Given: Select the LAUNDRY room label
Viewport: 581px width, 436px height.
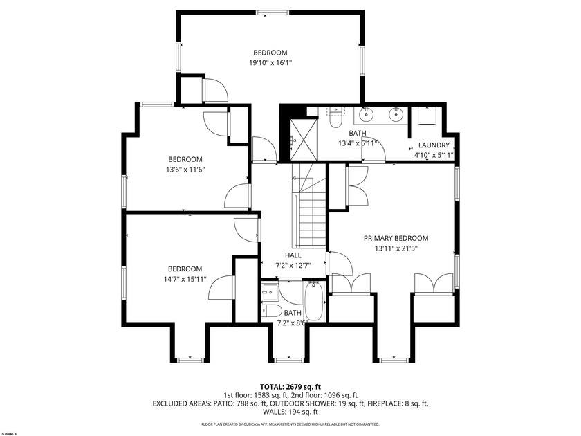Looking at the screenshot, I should click(434, 145).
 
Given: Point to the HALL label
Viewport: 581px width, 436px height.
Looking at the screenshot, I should click(293, 255).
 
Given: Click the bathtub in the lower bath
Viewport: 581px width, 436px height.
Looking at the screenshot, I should click(314, 302).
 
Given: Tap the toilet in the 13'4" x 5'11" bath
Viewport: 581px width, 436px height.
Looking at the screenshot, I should click(335, 119).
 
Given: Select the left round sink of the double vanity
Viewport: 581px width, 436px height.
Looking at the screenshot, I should click(367, 114).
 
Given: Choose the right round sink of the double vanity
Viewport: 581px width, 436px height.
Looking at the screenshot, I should click(396, 114).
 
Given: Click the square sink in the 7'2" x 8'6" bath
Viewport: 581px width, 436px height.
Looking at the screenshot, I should click(270, 293).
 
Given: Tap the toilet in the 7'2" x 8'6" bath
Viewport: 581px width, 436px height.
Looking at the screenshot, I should click(271, 310).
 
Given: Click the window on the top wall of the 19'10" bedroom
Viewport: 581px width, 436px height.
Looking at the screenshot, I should click(270, 12).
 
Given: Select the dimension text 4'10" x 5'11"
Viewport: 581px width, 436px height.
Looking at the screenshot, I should click(434, 155).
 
